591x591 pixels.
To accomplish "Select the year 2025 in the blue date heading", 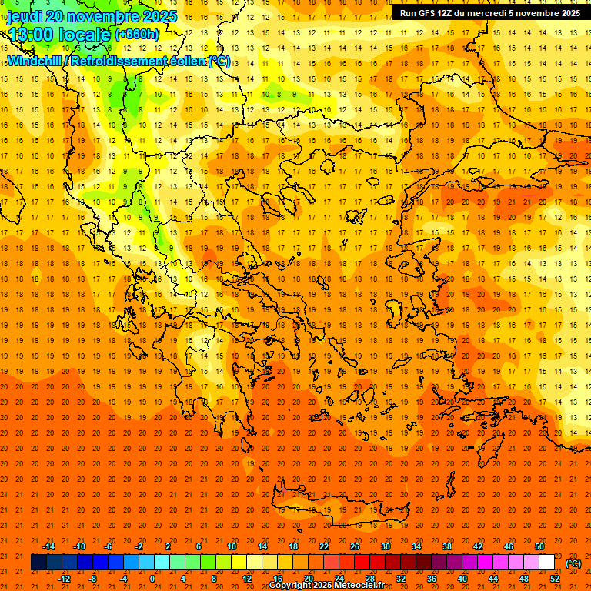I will point(159,16).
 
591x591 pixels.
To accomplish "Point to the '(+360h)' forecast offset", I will point(136,34).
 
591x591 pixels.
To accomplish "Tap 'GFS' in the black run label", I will point(428,13).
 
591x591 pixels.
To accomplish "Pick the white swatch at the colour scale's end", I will point(546,563).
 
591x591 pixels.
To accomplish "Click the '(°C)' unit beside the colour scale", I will point(573,563).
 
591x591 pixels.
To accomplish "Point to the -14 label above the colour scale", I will point(48,546).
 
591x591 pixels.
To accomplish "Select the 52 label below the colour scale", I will point(555,578).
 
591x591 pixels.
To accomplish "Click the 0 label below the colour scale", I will point(152,578).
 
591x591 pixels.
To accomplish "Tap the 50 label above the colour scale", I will point(539,546).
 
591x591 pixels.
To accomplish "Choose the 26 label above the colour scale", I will point(355,546).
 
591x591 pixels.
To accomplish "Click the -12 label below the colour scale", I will point(64,578).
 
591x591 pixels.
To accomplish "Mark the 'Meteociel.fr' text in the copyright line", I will point(359,586).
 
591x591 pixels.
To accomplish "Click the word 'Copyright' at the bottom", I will point(289,586).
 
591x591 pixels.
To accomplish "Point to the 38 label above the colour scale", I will point(447,546).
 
